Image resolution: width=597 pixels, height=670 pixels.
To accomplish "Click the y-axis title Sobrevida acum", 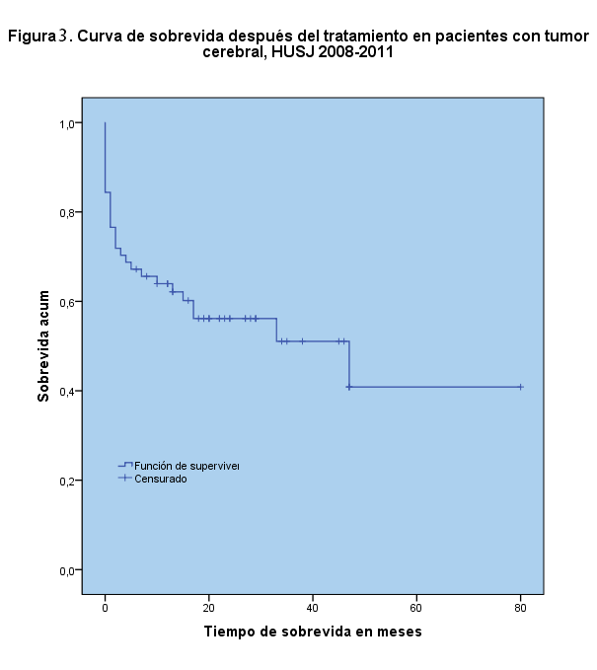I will pos(44,346).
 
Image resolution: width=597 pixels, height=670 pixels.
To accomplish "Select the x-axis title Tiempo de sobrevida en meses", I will pos(313,632).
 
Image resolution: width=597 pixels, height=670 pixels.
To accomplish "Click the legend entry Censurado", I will pos(161,479).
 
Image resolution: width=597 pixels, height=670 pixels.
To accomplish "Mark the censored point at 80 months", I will pos(520,387).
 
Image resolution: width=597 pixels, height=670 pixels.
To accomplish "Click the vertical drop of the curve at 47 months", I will pos(349,365).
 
